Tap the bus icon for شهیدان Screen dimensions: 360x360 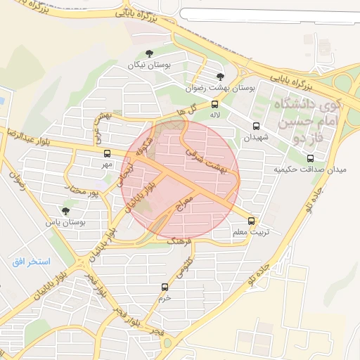pyautogui.click(x=255, y=127)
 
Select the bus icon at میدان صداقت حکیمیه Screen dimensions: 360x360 pyautogui.click(x=311, y=158)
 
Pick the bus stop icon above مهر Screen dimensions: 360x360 pyautogui.click(x=107, y=153)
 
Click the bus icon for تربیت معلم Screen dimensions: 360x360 pyautogui.click(x=252, y=220)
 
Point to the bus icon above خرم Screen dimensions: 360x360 pyautogui.click(x=165, y=287)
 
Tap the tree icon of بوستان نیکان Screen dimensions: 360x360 pyautogui.click(x=148, y=54)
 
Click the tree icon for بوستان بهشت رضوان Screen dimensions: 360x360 pyautogui.click(x=221, y=77)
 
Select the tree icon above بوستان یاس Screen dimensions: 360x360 pyautogui.click(x=65, y=210)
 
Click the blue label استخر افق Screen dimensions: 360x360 pyautogui.click(x=30, y=262)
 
